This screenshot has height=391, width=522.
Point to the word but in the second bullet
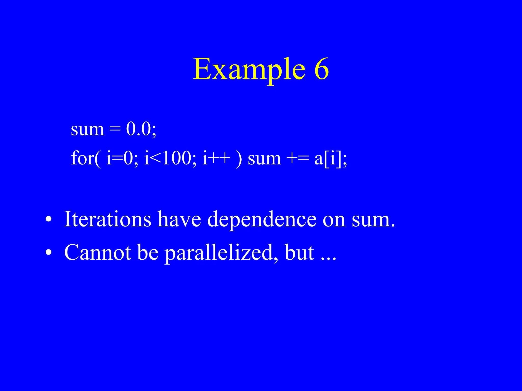(299, 253)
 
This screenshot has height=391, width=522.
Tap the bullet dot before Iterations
(48, 219)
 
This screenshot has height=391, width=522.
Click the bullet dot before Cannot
(48, 253)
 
